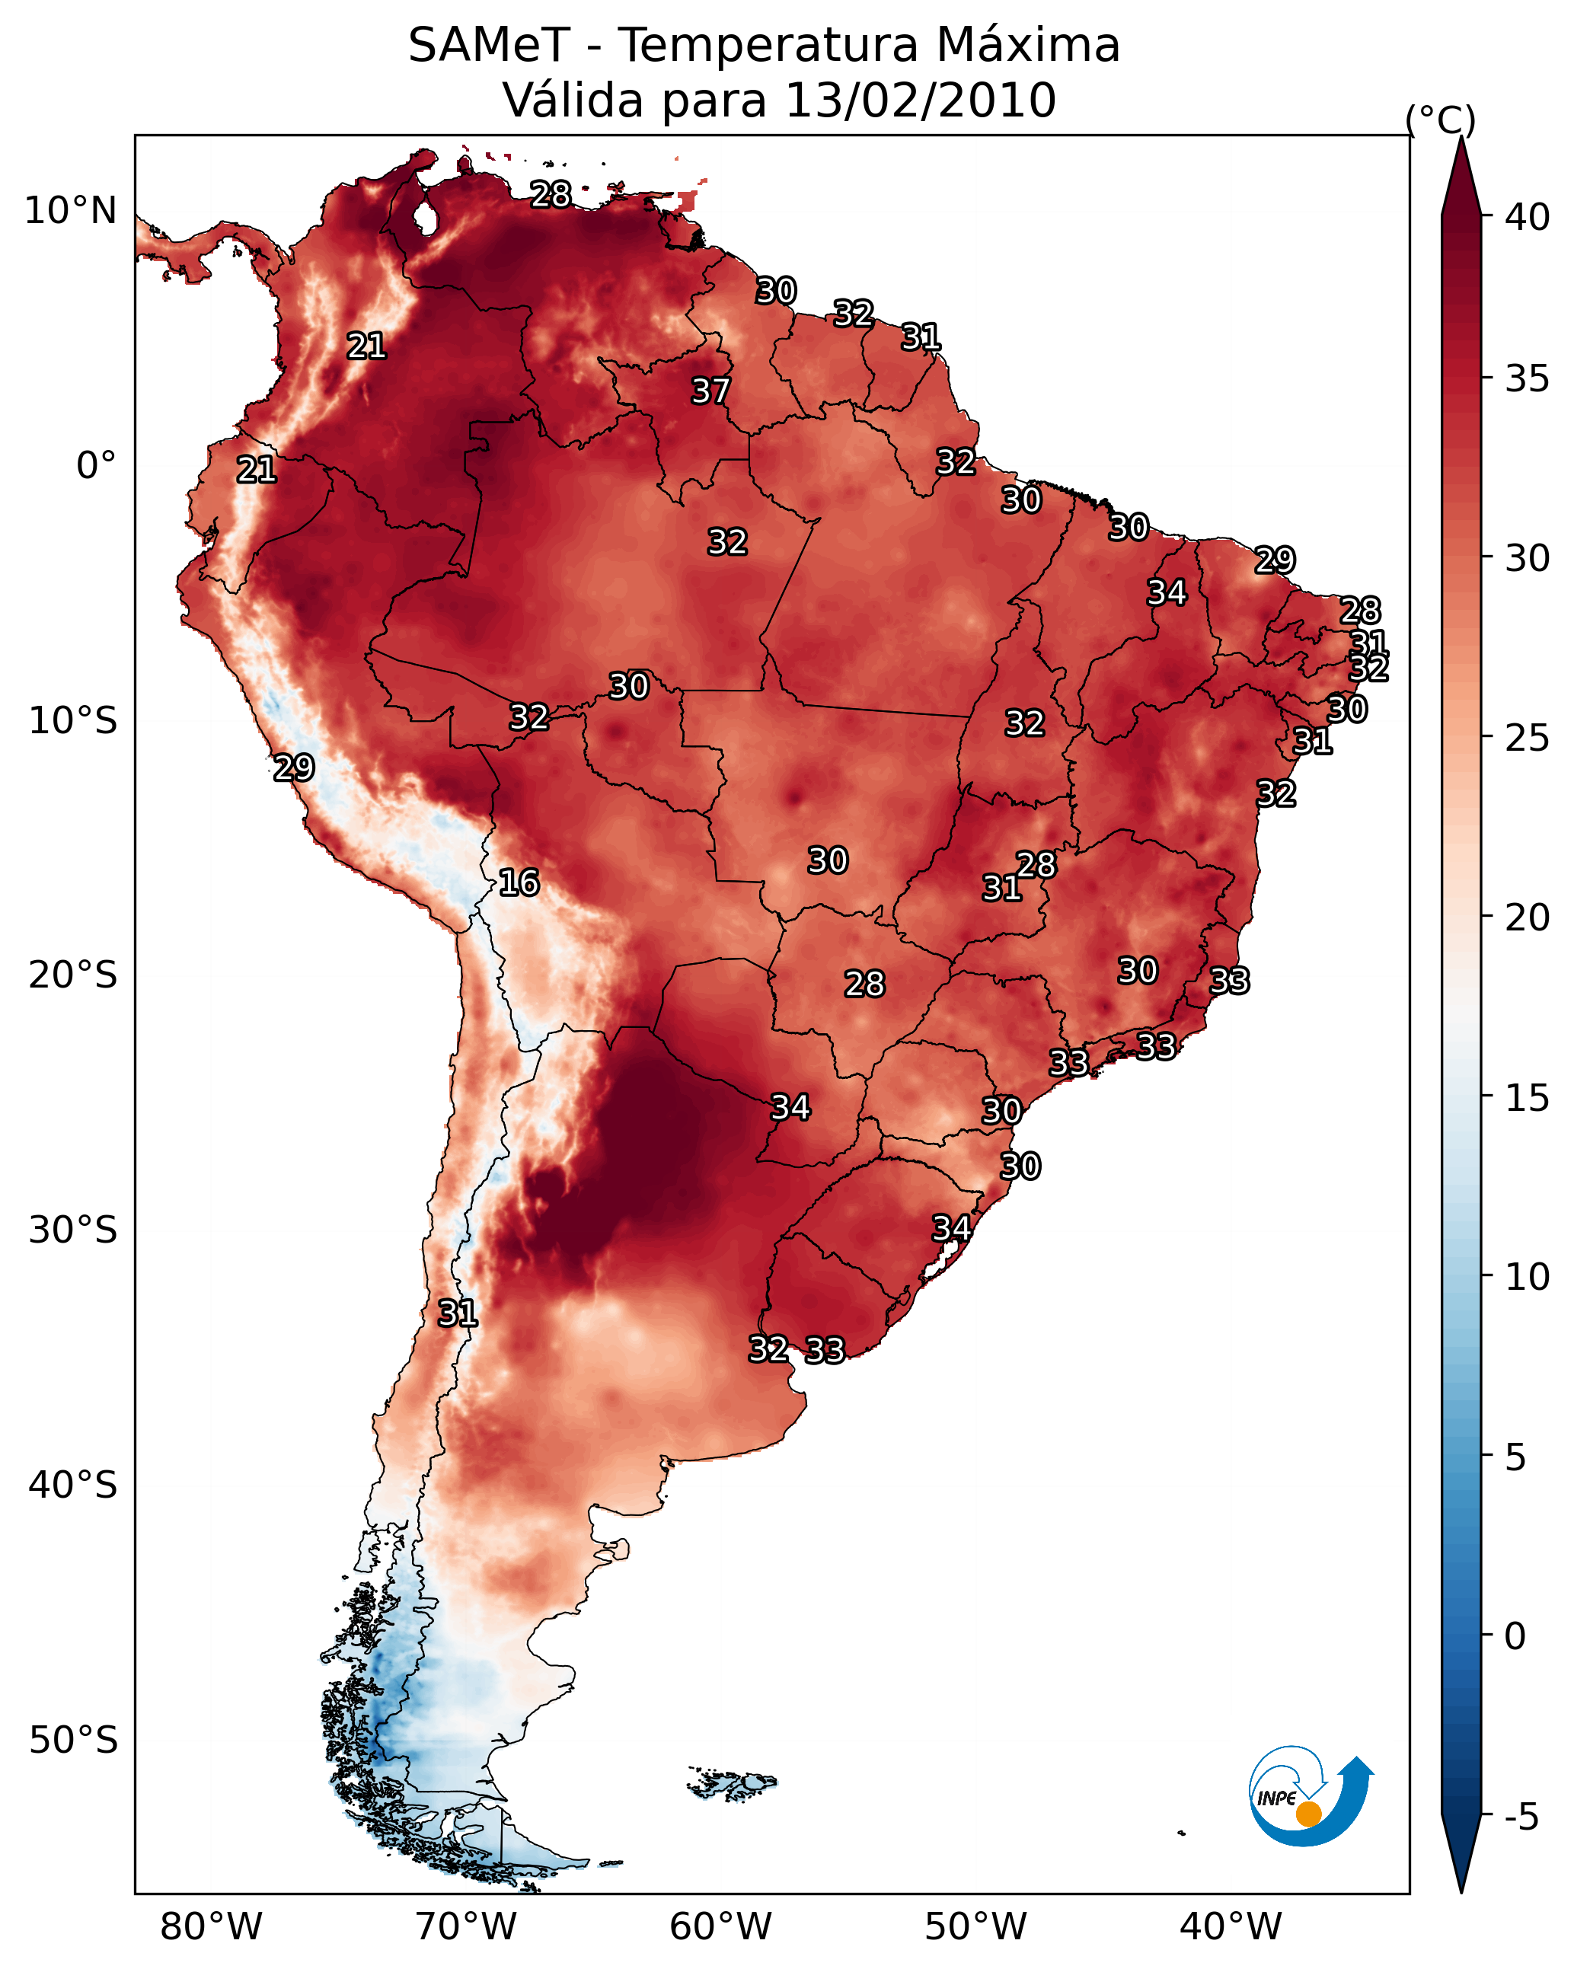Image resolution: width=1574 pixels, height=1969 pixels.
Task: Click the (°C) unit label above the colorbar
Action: pos(1441,120)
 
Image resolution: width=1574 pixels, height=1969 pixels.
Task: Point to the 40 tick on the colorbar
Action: pos(1528,217)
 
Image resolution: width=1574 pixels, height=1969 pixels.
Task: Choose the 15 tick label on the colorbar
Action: pos(1528,1098)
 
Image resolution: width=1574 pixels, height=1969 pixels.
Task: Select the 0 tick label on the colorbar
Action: pos(1515,1636)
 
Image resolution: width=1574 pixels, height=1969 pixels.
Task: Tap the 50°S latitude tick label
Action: pos(73,1741)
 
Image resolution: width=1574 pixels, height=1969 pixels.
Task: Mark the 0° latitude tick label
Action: pos(96,466)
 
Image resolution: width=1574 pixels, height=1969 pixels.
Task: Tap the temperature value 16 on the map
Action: pos(519,883)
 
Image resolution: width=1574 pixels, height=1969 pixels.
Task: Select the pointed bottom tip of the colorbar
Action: pos(1461,1891)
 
